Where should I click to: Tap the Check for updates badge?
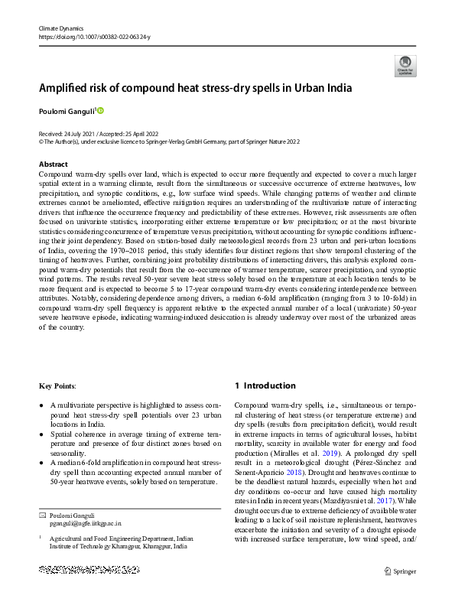[x=404, y=67]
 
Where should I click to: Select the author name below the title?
[x=66, y=111]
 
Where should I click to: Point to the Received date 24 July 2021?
[x=63, y=133]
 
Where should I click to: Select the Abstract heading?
[x=53, y=164]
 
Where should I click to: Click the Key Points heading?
[x=57, y=386]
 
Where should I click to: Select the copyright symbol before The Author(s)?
[x=41, y=141]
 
